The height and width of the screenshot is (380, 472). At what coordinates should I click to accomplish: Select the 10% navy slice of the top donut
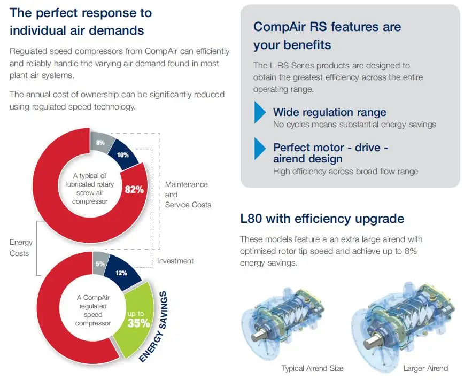tap(123, 154)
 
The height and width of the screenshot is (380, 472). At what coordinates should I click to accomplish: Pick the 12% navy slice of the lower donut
tap(121, 273)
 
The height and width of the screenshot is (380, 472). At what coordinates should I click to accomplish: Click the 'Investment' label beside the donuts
tap(175, 261)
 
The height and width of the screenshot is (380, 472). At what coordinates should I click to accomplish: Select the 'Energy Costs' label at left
tap(20, 248)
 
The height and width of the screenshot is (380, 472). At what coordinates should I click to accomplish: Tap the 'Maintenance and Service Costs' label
tap(188, 195)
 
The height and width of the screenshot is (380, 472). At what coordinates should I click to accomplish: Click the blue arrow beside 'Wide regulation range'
tap(260, 113)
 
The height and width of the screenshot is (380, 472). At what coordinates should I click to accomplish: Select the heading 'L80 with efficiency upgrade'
tap(322, 219)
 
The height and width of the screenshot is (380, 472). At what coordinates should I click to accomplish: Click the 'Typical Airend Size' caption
tap(312, 368)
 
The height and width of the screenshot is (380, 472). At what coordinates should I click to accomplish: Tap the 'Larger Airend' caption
tap(425, 368)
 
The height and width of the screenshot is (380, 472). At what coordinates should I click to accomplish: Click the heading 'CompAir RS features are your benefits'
tap(327, 35)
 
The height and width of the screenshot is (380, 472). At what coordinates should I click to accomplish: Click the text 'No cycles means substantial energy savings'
tap(354, 125)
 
